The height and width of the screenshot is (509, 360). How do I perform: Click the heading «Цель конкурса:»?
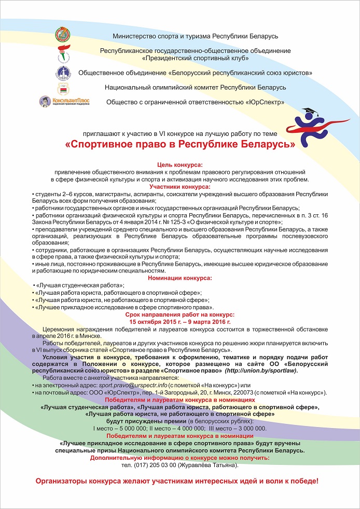pos(180,164)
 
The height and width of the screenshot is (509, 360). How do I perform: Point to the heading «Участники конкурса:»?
pos(180,186)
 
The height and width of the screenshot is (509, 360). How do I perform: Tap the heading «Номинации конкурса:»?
pos(180,278)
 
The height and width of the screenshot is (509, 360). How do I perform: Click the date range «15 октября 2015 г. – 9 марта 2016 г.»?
pos(180,322)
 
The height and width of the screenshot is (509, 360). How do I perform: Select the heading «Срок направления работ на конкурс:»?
pos(180,314)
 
